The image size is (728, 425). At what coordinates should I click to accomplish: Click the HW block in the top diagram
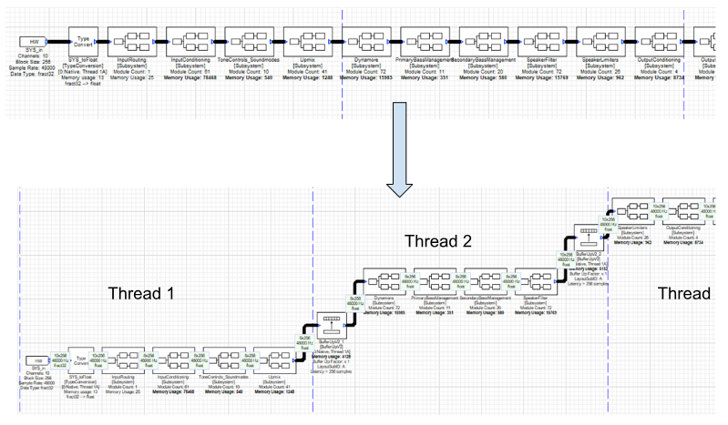34,43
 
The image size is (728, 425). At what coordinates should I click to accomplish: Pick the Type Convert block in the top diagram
85,41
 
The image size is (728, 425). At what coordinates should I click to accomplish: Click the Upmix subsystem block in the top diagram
305,41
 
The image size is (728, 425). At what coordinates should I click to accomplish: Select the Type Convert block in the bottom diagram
83,388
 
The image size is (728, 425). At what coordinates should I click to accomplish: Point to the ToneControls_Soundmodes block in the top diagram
247,41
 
